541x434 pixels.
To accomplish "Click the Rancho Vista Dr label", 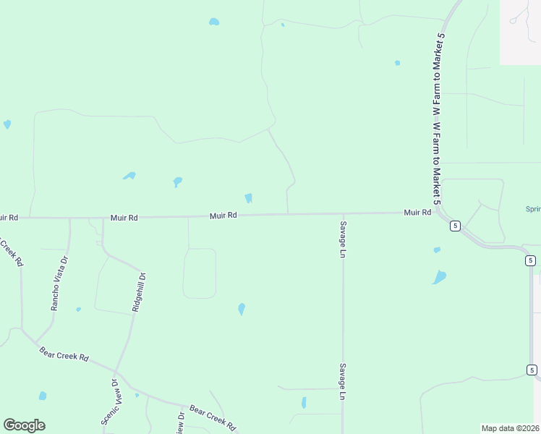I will click(59, 284).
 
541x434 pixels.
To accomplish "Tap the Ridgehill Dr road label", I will click(139, 292).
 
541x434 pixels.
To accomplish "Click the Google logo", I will click(24, 425).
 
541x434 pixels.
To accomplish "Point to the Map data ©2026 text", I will click(511, 427).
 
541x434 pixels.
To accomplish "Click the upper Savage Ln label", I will click(343, 239).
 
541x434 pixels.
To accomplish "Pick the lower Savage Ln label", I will click(343, 381).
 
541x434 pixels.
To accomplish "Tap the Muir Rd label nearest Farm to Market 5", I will click(417, 213).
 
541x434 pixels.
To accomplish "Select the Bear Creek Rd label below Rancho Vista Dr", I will click(64, 356).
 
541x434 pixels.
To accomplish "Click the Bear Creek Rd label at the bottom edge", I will click(213, 418).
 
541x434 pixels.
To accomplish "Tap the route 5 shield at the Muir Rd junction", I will click(454, 226).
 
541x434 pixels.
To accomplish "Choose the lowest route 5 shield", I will click(532, 370).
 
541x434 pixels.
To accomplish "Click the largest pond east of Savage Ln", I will click(439, 277).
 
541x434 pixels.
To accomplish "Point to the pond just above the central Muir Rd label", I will click(248, 198).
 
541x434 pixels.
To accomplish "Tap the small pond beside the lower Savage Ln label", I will click(304, 402).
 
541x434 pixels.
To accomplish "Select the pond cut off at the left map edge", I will click(7, 124).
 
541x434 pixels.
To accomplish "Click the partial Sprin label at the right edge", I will click(532, 210).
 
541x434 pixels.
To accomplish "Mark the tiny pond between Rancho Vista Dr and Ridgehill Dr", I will click(78, 310).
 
